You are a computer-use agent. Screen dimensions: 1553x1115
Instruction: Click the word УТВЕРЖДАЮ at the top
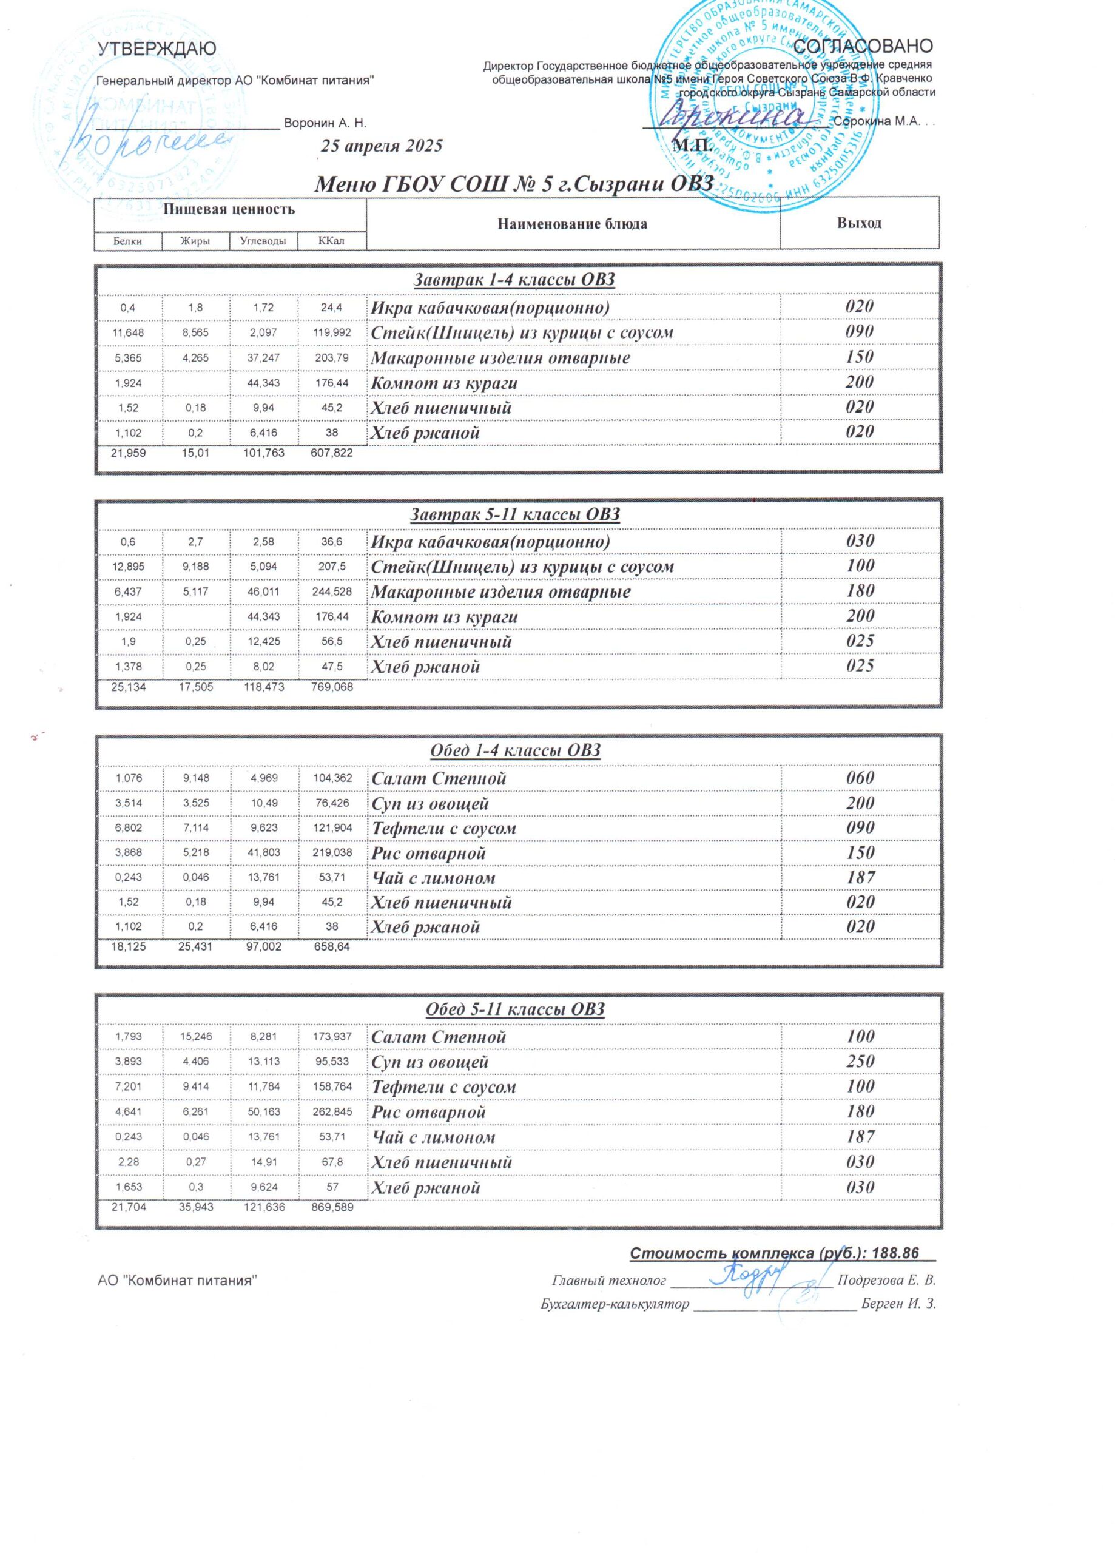click(157, 49)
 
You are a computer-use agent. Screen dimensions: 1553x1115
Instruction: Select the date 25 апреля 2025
click(382, 146)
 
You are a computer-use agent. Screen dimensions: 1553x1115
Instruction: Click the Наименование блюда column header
click(572, 224)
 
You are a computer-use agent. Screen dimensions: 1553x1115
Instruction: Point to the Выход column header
click(859, 223)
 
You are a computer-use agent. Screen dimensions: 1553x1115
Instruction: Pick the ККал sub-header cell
click(331, 241)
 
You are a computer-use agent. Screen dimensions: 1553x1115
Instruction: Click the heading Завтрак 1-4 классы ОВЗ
click(514, 280)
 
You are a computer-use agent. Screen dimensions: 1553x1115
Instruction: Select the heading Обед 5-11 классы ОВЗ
click(514, 1009)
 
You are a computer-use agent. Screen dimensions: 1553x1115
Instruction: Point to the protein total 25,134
click(128, 686)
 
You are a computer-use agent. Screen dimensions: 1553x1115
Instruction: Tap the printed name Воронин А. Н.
click(325, 124)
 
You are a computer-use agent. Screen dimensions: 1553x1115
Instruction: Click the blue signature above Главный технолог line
click(743, 1275)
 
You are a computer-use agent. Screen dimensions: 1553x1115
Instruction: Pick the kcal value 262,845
click(331, 1111)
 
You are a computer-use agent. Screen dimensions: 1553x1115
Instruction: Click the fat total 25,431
click(195, 948)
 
